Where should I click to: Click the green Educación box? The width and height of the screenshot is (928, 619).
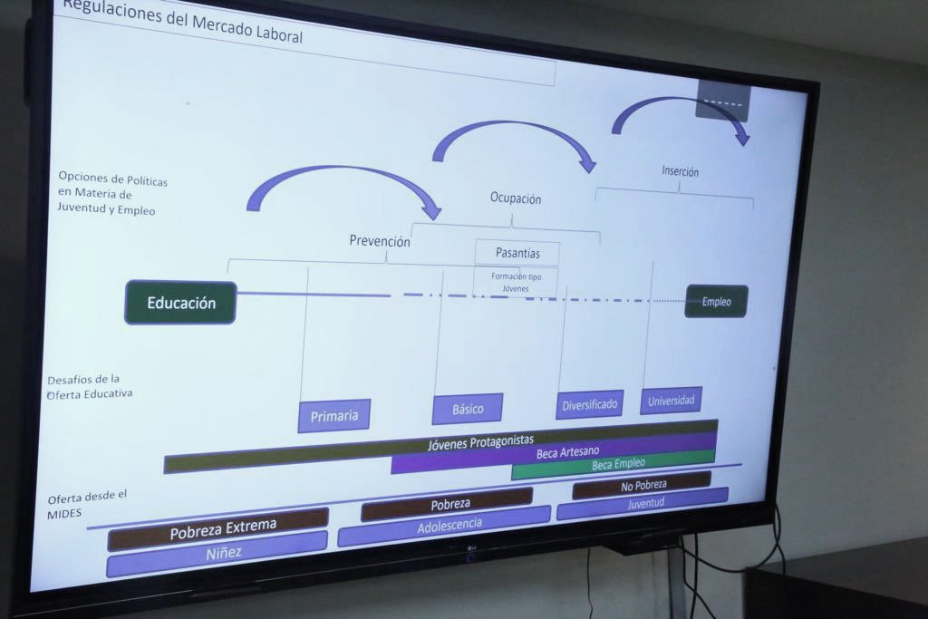click(180, 303)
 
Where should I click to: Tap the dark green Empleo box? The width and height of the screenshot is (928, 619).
click(716, 302)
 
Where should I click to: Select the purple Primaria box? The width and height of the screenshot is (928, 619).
click(333, 416)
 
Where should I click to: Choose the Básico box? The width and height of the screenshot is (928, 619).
click(468, 409)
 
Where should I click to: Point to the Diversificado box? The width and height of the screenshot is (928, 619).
click(589, 404)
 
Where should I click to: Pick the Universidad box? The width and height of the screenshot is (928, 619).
click(671, 400)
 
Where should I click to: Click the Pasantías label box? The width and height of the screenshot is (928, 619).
click(517, 253)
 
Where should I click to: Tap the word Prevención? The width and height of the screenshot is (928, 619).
click(380, 241)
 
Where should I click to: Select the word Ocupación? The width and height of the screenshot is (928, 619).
click(515, 198)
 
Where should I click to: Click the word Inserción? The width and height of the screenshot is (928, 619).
click(680, 171)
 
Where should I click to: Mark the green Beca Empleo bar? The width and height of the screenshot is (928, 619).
click(618, 465)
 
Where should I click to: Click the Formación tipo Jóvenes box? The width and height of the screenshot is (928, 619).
click(515, 282)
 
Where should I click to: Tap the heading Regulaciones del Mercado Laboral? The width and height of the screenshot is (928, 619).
click(182, 21)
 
